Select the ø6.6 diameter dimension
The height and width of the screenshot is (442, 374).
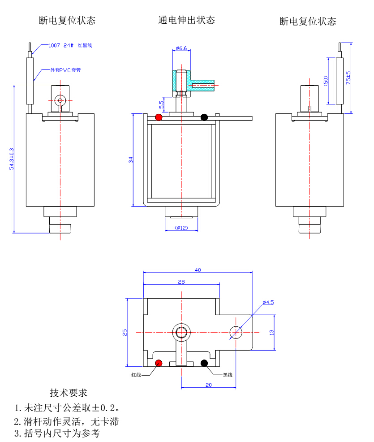[181, 48]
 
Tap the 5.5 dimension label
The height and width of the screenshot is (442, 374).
[162, 105]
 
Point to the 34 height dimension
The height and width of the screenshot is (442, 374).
[131, 160]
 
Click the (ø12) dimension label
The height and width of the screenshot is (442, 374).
[181, 228]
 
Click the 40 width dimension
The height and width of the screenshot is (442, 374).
[198, 270]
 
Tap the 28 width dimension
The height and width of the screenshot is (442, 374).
[181, 282]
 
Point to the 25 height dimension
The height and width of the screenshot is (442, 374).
[125, 332]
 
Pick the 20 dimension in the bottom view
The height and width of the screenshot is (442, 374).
[208, 385]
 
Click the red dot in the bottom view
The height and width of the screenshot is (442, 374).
[158, 363]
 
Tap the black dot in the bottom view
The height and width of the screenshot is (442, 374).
[204, 363]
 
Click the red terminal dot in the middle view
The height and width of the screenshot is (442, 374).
[159, 117]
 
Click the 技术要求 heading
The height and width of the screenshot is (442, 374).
[68, 393]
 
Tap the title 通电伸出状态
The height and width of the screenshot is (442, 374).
[186, 20]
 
